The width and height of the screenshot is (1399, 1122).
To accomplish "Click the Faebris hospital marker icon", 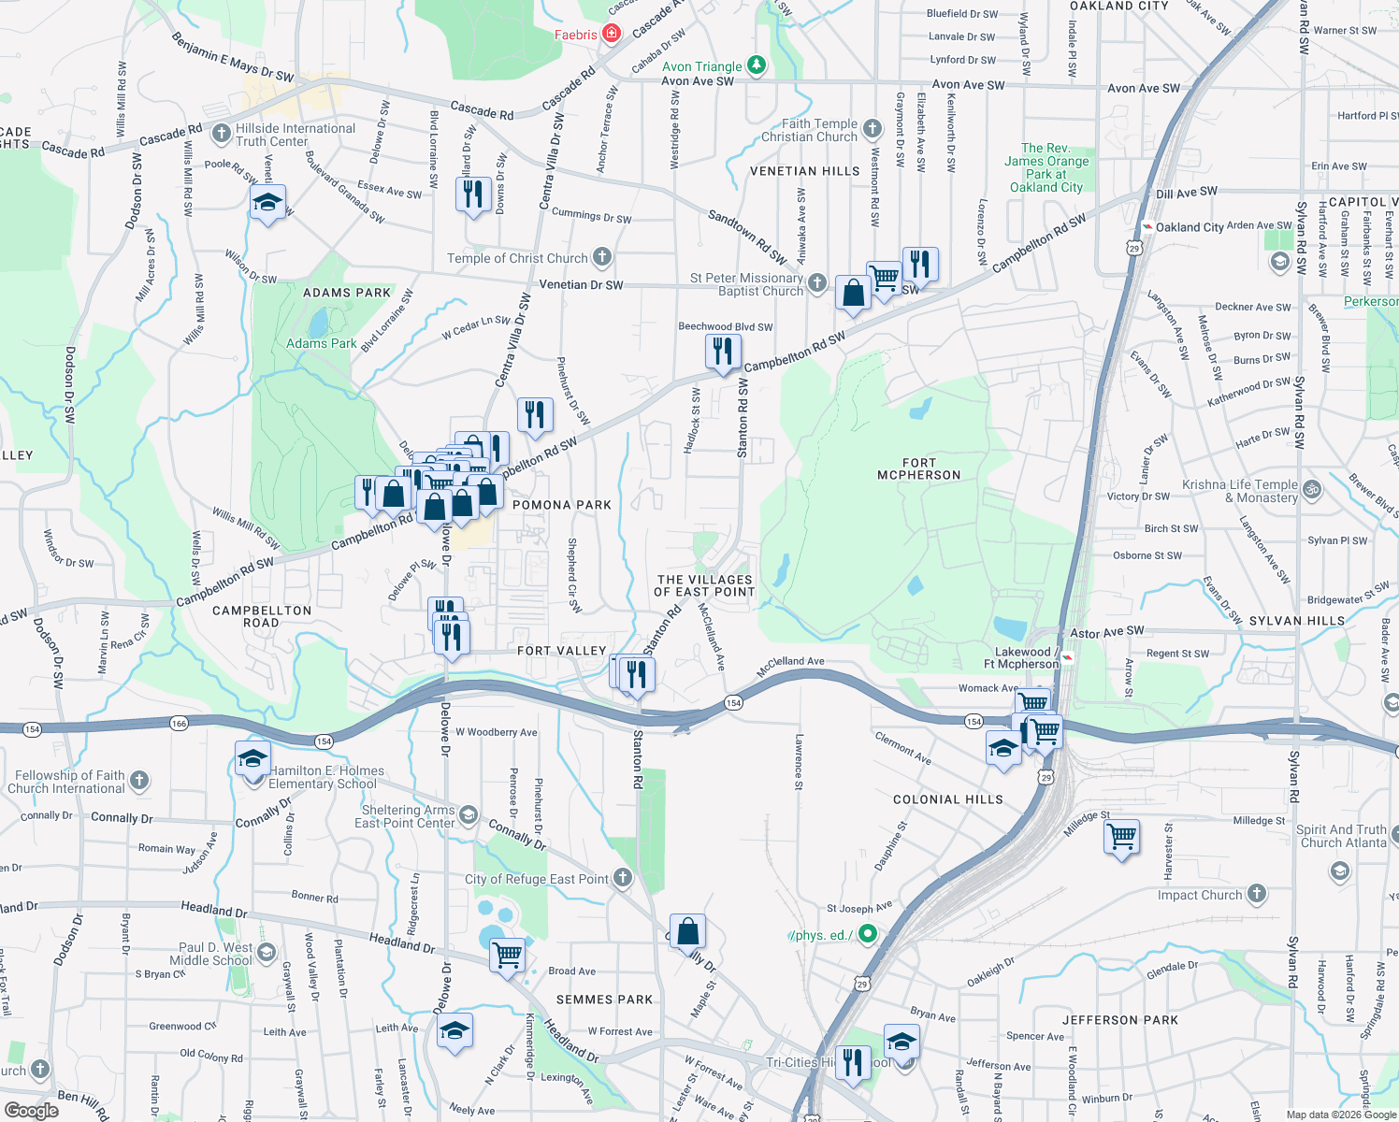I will click(612, 35).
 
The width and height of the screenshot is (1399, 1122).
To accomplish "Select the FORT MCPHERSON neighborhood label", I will click(918, 469).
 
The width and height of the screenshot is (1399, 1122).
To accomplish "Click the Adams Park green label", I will click(321, 343).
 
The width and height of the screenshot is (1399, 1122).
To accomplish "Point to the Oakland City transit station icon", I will click(1147, 226).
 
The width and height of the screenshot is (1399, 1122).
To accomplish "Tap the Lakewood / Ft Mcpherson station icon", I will click(1067, 658).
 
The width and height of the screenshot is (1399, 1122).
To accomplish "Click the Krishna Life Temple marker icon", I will click(1311, 488).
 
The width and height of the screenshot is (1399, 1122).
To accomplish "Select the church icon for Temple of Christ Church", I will click(602, 256).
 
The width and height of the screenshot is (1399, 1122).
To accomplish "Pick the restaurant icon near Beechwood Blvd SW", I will click(722, 352).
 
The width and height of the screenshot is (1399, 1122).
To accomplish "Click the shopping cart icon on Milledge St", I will click(1120, 835).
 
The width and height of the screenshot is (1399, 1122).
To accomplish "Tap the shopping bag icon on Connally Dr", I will click(687, 931).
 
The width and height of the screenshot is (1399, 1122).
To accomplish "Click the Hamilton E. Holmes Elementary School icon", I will click(252, 758).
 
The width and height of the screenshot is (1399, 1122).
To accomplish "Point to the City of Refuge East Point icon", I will click(623, 877).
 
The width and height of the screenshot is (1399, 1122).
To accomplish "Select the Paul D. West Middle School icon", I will click(267, 953).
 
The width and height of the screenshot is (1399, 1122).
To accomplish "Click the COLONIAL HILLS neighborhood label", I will click(947, 799).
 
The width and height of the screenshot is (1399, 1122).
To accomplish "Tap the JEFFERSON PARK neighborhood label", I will click(1119, 1020).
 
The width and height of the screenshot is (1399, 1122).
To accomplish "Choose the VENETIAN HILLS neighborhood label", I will click(804, 171).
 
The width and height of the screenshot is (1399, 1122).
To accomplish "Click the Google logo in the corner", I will click(31, 1110).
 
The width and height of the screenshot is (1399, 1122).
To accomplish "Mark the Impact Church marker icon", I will click(1257, 893).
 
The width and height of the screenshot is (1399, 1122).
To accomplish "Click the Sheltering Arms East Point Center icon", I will click(468, 815).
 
